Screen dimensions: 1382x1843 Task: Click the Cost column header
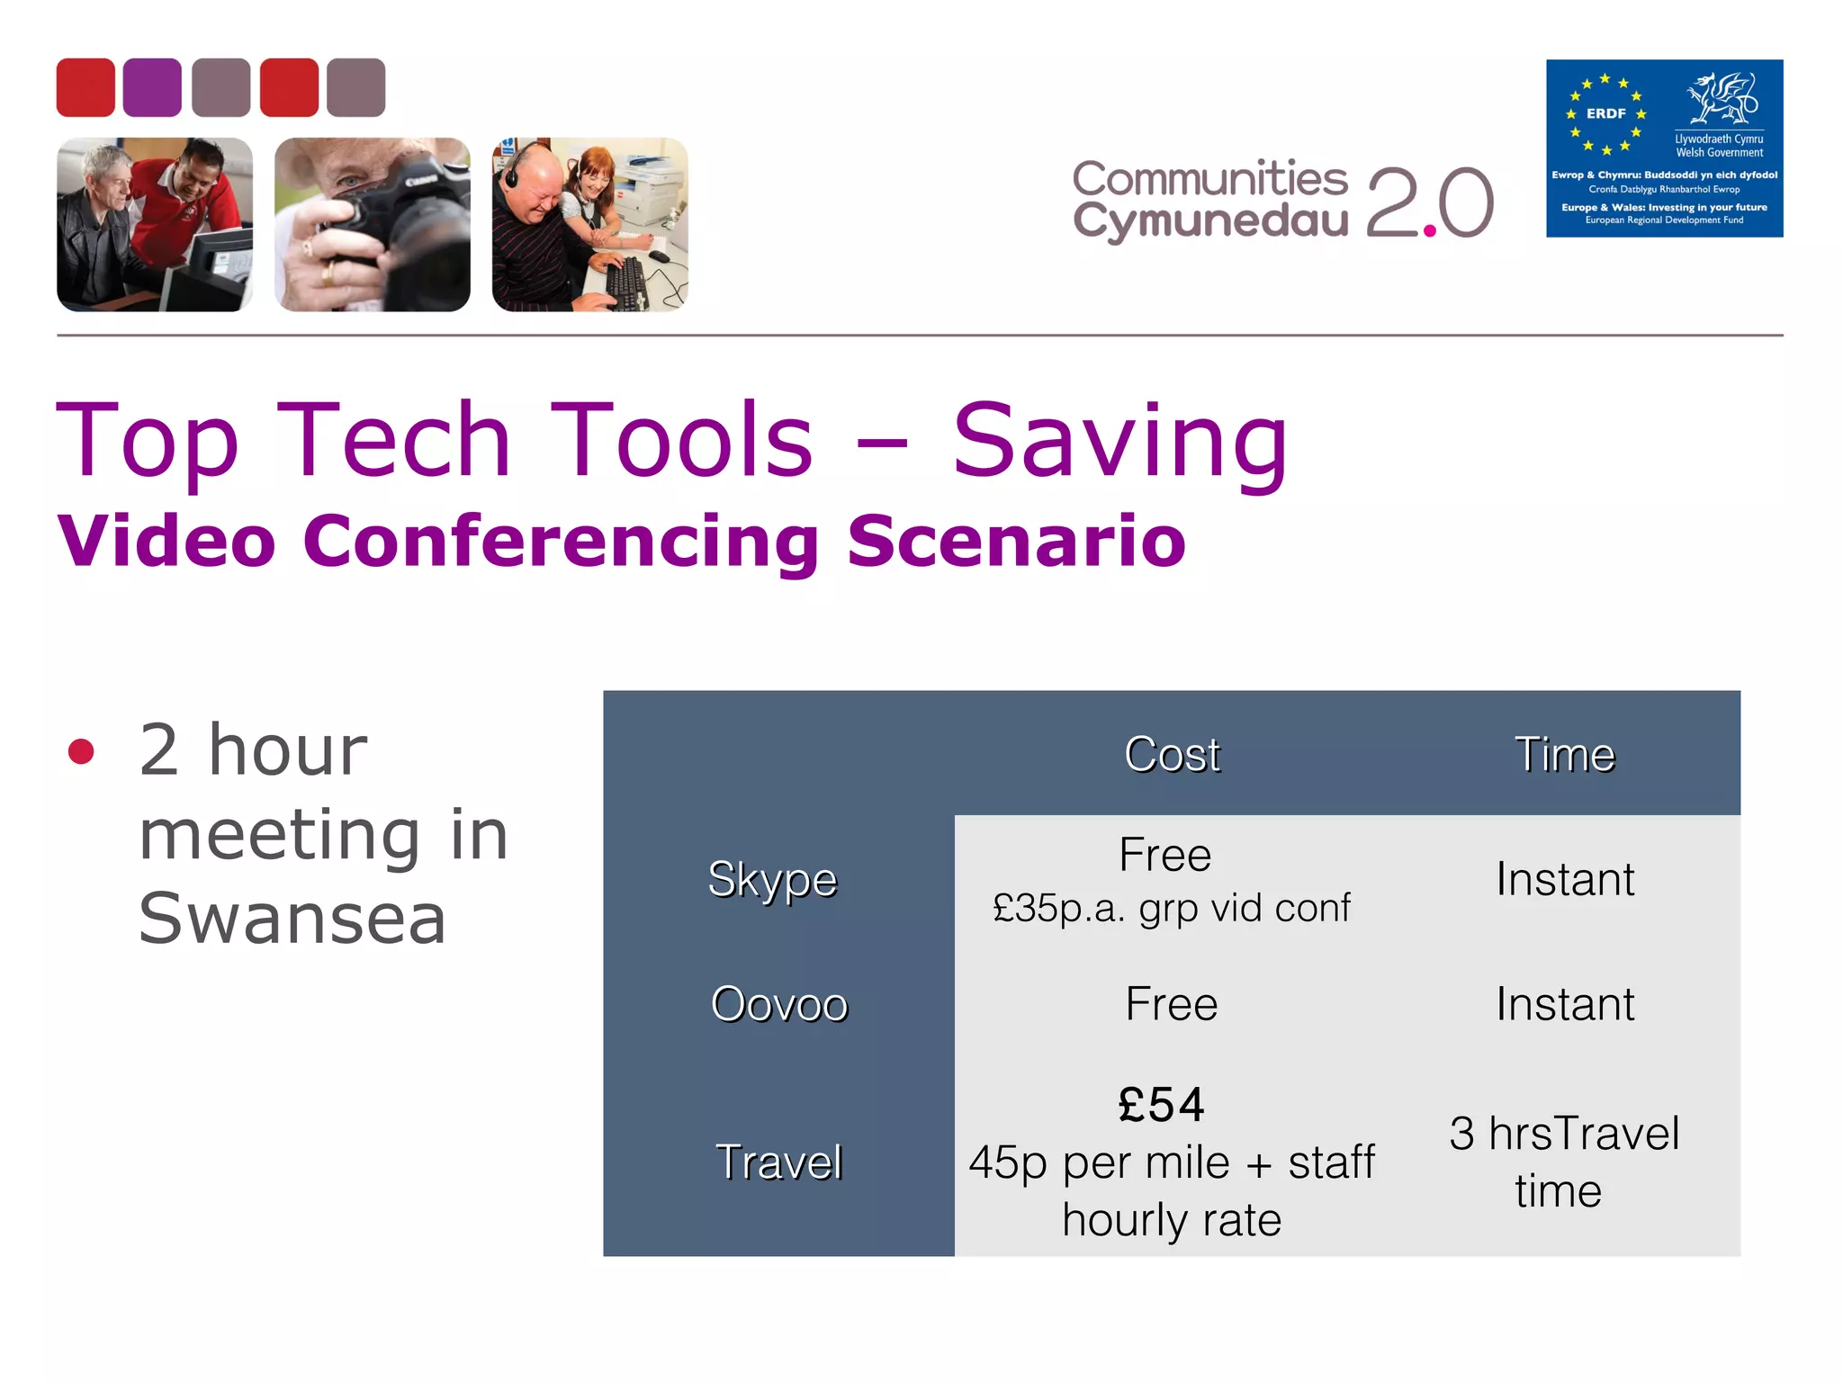point(1172,754)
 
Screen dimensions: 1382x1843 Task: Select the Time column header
point(1565,754)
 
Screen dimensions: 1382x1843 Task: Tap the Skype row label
point(773,879)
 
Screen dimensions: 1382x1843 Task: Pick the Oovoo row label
point(779,1004)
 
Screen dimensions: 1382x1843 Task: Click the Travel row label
point(779,1162)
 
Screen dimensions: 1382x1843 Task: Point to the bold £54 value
point(1162,1105)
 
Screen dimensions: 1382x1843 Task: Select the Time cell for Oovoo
point(1565,1004)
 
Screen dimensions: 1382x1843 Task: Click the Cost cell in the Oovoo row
point(1172,1004)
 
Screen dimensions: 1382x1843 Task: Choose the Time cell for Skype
point(1565,879)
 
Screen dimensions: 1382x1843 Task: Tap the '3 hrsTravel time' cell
point(1564,1162)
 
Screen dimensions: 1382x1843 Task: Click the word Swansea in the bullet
point(292,919)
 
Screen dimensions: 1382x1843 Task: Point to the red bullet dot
point(81,751)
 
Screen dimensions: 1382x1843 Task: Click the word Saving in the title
point(1120,441)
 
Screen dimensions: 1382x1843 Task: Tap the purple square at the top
point(152,87)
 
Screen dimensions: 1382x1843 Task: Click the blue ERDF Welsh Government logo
point(1664,148)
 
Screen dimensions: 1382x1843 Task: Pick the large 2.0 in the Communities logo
point(1430,203)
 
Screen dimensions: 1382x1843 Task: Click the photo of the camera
point(373,225)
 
